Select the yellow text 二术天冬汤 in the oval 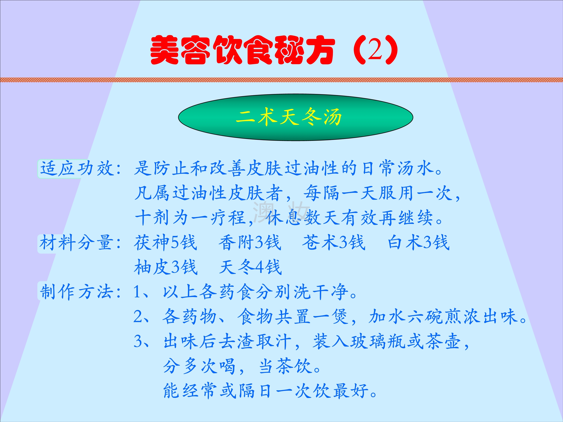[x=289, y=117]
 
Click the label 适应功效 [x=76, y=169]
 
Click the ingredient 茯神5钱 [x=166, y=242]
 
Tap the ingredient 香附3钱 [x=250, y=242]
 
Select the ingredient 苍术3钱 [x=334, y=242]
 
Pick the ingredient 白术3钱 [x=418, y=242]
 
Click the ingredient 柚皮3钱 [x=166, y=267]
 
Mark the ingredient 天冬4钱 [x=250, y=267]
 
